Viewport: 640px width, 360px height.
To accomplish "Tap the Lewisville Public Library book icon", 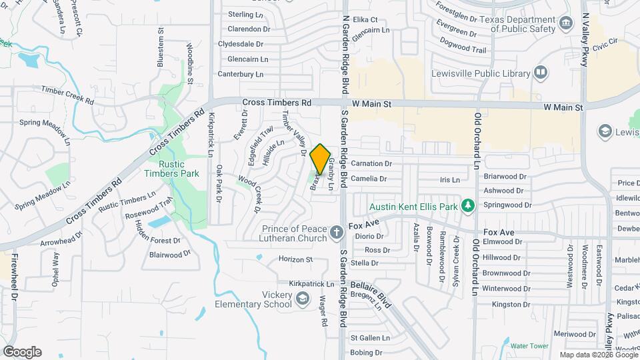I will coord(541,71).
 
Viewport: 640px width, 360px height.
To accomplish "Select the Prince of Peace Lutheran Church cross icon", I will coord(337,234).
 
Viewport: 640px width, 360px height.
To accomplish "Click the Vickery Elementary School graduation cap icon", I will coord(303,298).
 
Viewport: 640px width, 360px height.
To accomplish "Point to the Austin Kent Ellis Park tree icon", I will coord(468,206).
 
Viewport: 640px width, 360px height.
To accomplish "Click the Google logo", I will coord(22,351).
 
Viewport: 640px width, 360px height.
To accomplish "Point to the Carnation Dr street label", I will coord(371,163).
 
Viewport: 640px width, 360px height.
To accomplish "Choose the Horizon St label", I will coord(295,259).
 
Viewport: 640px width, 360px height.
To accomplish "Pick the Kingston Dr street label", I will coord(510,305).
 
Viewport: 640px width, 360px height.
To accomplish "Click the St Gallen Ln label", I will coord(369,338).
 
